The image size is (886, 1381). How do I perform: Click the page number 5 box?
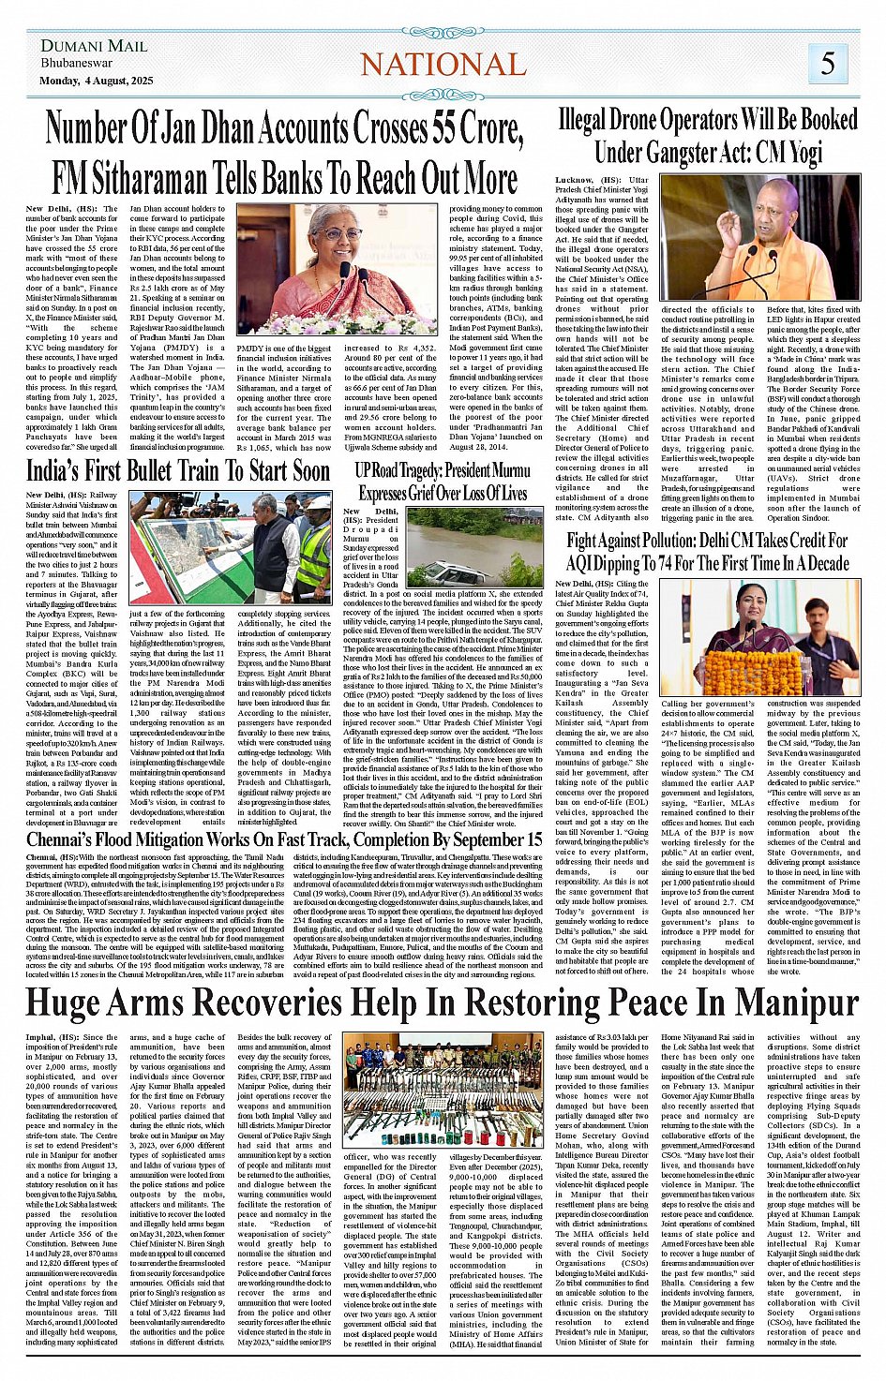tap(828, 63)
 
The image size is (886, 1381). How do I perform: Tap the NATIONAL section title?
tap(443, 64)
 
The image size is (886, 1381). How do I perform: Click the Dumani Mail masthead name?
tap(94, 46)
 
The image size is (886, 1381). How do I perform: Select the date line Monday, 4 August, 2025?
tap(97, 81)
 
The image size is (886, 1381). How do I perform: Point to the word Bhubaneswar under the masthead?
tap(77, 64)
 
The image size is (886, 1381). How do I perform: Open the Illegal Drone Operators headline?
tap(708, 135)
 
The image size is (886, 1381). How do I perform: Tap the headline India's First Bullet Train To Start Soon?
tap(178, 470)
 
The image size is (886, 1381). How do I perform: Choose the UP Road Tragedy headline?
tap(443, 481)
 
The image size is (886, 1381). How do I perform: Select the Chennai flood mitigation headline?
tap(284, 839)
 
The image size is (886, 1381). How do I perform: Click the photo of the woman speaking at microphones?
tap(337, 271)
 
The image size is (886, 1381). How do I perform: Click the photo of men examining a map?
tap(230, 547)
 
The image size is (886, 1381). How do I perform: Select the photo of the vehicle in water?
tap(474, 547)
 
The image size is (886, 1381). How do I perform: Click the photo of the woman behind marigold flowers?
tap(759, 637)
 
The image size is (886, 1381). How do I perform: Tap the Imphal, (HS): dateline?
tap(53, 1037)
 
